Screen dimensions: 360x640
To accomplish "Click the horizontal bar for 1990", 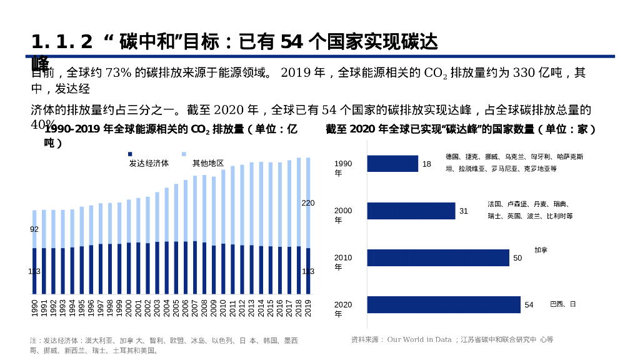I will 392,164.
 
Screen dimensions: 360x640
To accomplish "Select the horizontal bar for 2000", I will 411,211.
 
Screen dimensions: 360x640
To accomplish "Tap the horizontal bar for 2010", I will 438,258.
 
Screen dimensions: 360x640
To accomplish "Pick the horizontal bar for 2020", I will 444,305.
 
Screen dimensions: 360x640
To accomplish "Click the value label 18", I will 426,164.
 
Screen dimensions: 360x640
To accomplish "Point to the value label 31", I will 464,211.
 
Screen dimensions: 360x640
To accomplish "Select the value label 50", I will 517,258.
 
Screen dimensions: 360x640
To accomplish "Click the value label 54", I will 529,305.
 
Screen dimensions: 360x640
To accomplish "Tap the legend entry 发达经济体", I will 149,163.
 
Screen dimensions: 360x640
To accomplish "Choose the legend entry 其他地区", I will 208,163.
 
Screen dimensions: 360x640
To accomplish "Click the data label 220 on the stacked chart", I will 308,203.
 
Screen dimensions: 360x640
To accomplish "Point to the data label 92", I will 34,229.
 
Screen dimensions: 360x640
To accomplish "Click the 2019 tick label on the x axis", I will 308,308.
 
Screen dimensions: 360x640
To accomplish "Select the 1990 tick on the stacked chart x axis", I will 34,308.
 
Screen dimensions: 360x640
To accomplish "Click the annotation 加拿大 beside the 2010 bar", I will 541,250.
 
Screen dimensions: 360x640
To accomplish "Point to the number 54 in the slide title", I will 292,42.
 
